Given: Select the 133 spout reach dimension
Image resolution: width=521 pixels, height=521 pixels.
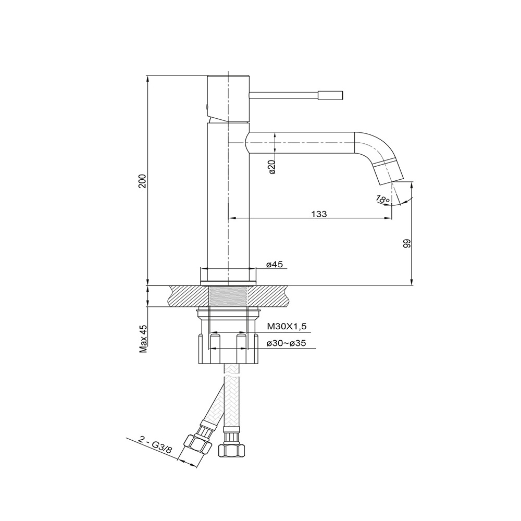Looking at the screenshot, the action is click(319, 214).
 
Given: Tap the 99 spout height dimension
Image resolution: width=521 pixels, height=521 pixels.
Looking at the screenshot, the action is click(407, 243).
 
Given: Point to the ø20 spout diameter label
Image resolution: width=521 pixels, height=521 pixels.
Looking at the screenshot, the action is click(272, 167).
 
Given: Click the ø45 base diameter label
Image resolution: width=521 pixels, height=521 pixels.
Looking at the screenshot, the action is click(275, 264).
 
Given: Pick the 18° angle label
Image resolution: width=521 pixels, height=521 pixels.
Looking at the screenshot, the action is click(382, 200).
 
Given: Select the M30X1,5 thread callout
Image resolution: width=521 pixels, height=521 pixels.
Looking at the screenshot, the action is click(287, 327).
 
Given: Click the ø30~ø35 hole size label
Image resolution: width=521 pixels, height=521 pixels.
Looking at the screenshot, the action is click(286, 343).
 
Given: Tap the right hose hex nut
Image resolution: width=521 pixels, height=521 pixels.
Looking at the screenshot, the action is click(232, 450).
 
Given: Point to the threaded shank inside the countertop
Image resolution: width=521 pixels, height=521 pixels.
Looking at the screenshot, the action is click(228, 296).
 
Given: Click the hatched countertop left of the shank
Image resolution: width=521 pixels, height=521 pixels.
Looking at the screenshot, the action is click(189, 296).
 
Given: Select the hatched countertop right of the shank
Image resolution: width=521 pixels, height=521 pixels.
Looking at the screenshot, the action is click(267, 296).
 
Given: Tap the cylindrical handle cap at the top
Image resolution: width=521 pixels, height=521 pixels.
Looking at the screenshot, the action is click(228, 96).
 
